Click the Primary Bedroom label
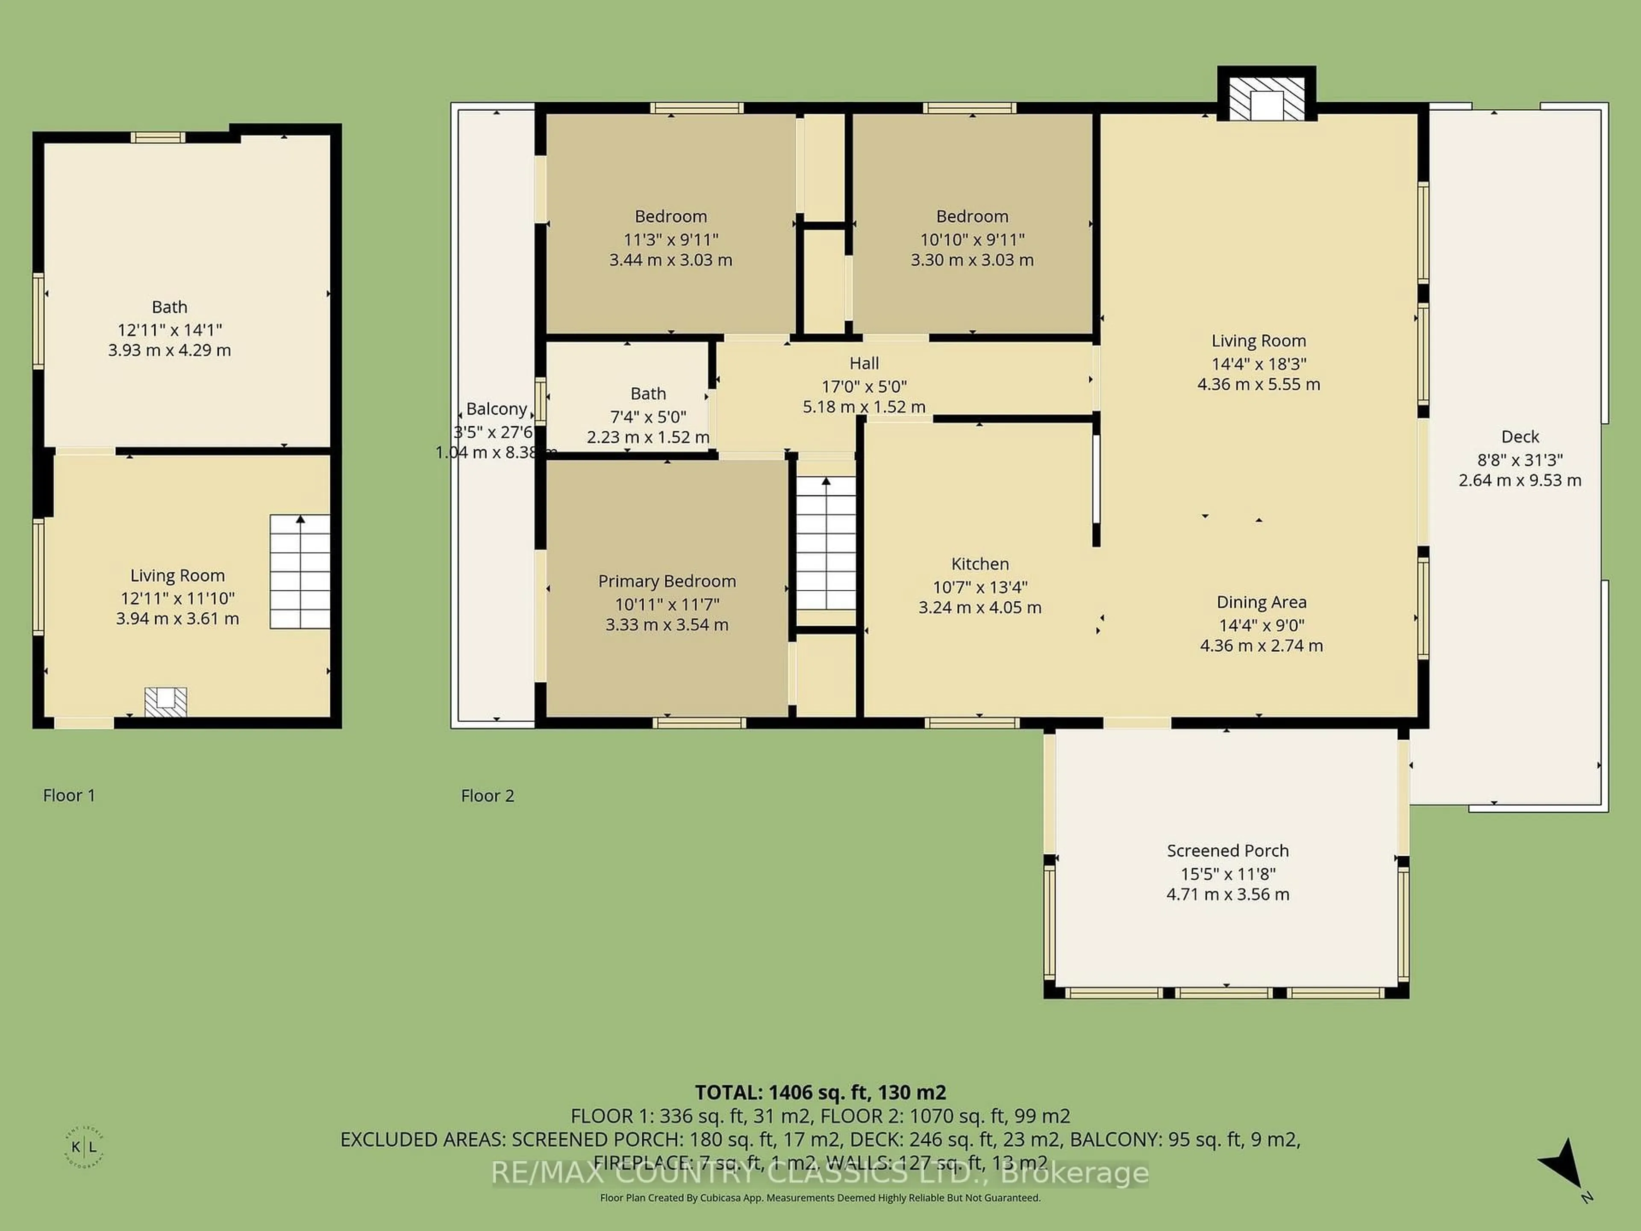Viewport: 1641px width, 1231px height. pyautogui.click(x=667, y=581)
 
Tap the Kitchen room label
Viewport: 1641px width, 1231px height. pyautogui.click(x=979, y=564)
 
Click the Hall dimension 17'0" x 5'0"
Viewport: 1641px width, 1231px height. pyautogui.click(x=864, y=386)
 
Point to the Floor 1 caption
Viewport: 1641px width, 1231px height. pyautogui.click(x=69, y=795)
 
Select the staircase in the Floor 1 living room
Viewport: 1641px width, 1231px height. pyautogui.click(x=300, y=572)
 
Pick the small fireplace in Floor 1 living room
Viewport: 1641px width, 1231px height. pyautogui.click(x=165, y=701)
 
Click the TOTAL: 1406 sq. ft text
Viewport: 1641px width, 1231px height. pyautogui.click(x=820, y=1092)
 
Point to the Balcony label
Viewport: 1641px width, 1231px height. pyautogui.click(x=496, y=409)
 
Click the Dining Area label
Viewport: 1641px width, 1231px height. pyautogui.click(x=1261, y=602)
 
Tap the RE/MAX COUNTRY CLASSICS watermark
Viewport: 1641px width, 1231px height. pyautogui.click(x=820, y=1173)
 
